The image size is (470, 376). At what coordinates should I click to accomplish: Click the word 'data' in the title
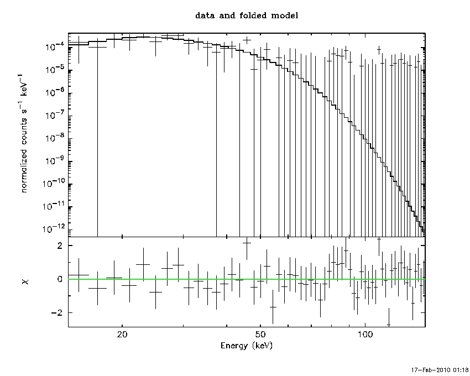(x=205, y=15)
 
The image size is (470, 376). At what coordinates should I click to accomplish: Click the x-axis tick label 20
(x=123, y=335)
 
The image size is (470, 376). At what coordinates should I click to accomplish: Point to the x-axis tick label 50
(x=260, y=335)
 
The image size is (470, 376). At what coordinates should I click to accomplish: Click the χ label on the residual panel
(x=25, y=282)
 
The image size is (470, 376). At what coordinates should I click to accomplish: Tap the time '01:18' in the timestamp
(x=461, y=369)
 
